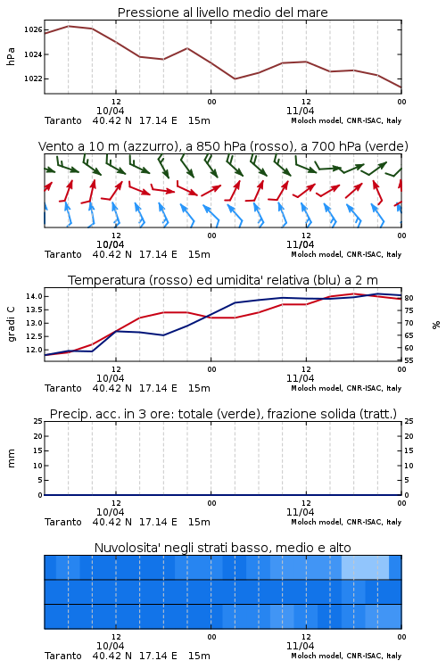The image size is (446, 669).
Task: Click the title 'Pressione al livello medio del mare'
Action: click(x=222, y=12)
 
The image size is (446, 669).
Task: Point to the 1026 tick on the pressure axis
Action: click(x=33, y=29)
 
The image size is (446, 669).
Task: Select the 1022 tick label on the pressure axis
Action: click(x=33, y=78)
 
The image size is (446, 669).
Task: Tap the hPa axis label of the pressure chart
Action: click(x=11, y=56)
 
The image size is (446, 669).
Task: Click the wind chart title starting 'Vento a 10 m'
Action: click(x=223, y=146)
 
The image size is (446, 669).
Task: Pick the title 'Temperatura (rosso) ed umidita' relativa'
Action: click(x=223, y=280)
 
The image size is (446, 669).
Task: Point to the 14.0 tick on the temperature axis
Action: click(x=34, y=296)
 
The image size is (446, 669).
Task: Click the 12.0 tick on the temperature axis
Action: click(x=34, y=350)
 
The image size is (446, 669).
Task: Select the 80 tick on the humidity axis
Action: click(x=409, y=298)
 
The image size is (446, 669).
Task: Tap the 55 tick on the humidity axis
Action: click(x=409, y=360)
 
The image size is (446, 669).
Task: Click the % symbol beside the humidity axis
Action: click(x=436, y=325)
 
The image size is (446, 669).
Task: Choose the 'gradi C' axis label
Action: click(x=11, y=325)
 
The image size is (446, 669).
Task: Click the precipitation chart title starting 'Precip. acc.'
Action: click(x=223, y=414)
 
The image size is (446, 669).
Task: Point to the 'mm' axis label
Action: click(x=11, y=458)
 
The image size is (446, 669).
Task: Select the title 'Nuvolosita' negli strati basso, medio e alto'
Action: click(x=222, y=548)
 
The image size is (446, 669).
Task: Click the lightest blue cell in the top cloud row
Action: click(x=365, y=567)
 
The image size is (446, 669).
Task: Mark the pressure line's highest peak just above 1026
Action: click(x=69, y=26)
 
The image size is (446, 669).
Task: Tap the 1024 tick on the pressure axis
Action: click(x=33, y=54)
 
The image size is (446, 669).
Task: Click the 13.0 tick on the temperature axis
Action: click(x=34, y=323)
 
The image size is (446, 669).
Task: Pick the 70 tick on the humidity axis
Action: click(x=409, y=323)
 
